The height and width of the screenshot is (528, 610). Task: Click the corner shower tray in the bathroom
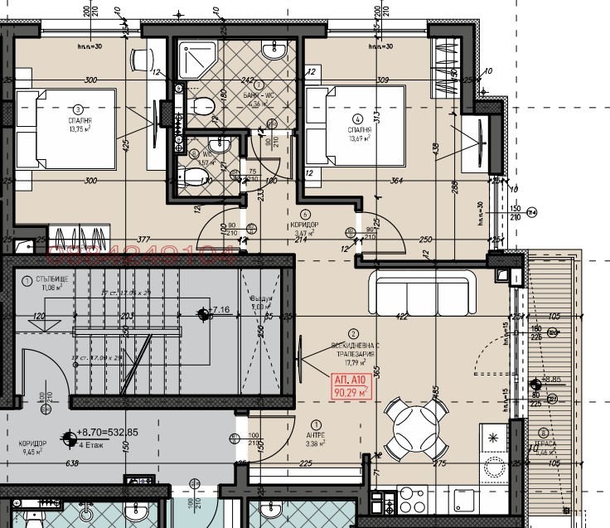click(198, 61)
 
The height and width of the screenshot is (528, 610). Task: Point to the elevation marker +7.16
click(217, 311)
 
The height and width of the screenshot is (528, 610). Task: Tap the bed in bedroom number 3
click(67, 129)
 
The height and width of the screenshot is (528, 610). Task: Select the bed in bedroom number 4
click(356, 127)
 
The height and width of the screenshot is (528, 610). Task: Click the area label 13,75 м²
click(79, 128)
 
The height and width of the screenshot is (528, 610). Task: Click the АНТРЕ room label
click(315, 435)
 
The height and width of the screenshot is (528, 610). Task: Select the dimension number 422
click(400, 316)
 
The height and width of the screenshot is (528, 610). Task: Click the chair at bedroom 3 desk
click(141, 60)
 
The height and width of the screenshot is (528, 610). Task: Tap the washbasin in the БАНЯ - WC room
click(273, 52)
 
